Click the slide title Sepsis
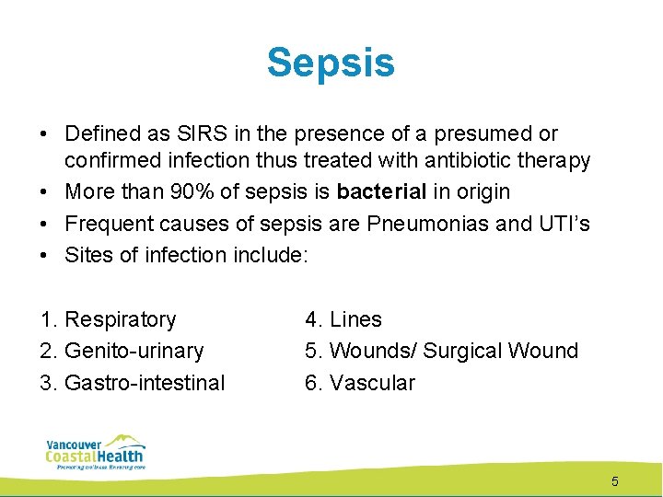331,64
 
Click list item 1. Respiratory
109,320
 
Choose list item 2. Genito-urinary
122,352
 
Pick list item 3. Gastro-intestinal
133,383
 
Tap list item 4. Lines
343,320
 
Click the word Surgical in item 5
467,352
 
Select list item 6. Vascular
360,383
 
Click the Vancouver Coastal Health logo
96,452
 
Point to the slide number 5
615,481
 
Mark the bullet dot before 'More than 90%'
45,192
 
